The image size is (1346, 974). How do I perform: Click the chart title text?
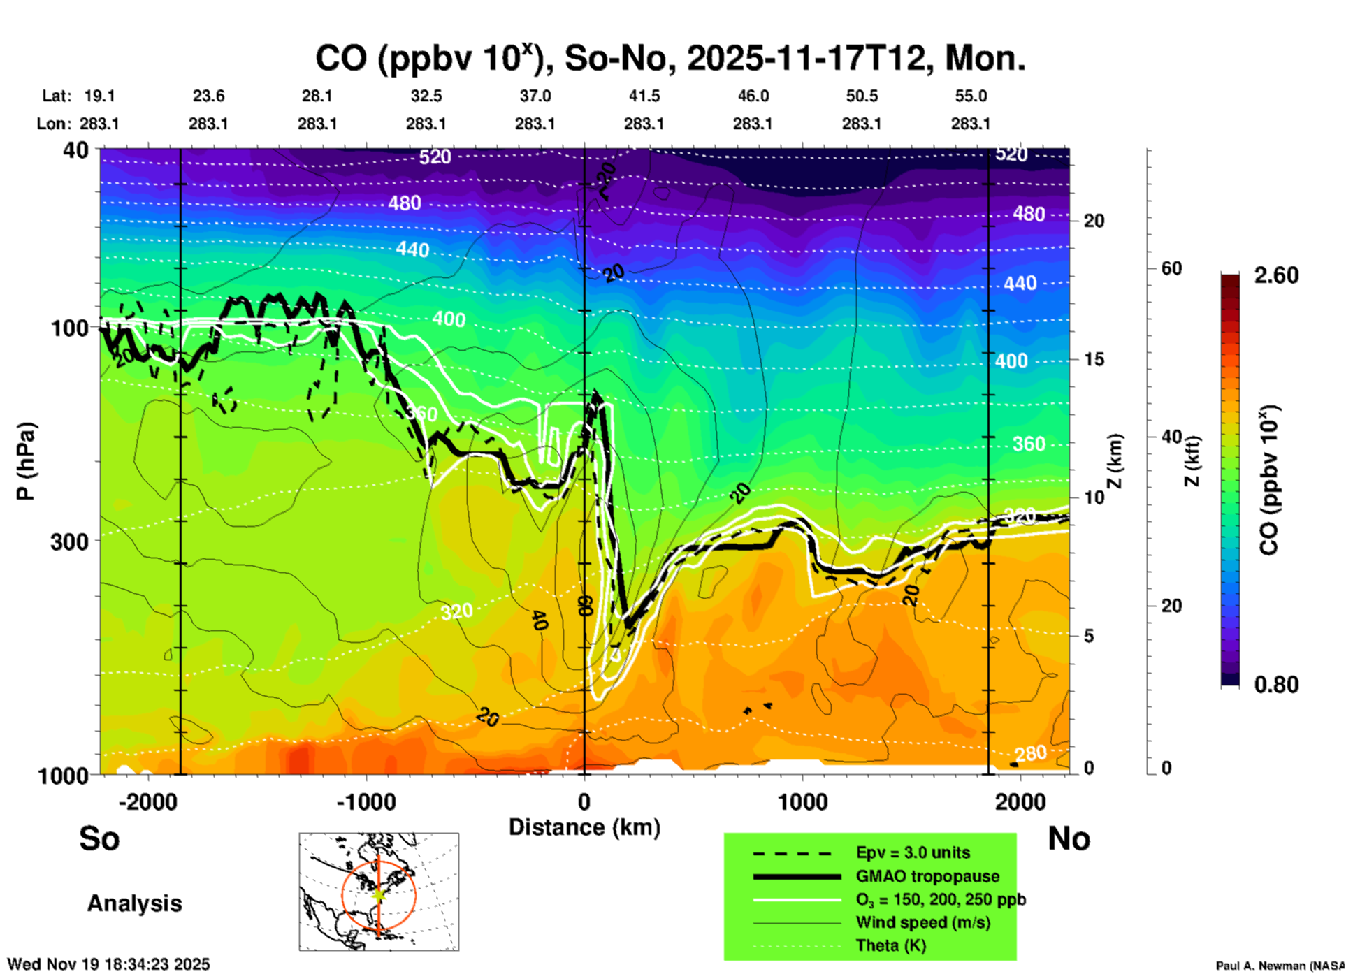coord(670,58)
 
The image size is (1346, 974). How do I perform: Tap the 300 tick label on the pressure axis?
coord(70,541)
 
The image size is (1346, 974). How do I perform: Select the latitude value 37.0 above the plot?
coord(535,96)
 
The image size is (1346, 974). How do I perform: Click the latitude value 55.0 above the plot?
coord(971,96)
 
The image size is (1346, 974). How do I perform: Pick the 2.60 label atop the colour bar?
coord(1276,275)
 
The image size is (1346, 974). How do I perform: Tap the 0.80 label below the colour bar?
coord(1276,685)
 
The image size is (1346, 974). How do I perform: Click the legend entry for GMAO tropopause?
coord(927,876)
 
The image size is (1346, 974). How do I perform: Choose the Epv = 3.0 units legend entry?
coord(913,853)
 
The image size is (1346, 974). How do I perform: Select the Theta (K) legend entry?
coord(891,946)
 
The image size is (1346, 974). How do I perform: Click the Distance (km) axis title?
coord(584,827)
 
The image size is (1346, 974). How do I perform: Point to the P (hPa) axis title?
coord(26,461)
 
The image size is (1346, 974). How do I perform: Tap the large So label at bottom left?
coord(99,838)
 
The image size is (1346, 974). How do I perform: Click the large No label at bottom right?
coord(1069,838)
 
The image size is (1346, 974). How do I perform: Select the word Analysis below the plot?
coord(134,903)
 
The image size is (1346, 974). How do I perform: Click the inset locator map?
coord(379,892)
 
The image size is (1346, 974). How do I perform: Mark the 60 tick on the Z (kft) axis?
coord(1171,268)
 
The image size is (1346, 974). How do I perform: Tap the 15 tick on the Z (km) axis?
coord(1094,359)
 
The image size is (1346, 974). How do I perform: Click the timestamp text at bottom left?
coord(108,964)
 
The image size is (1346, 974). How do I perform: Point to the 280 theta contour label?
coord(1031,753)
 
